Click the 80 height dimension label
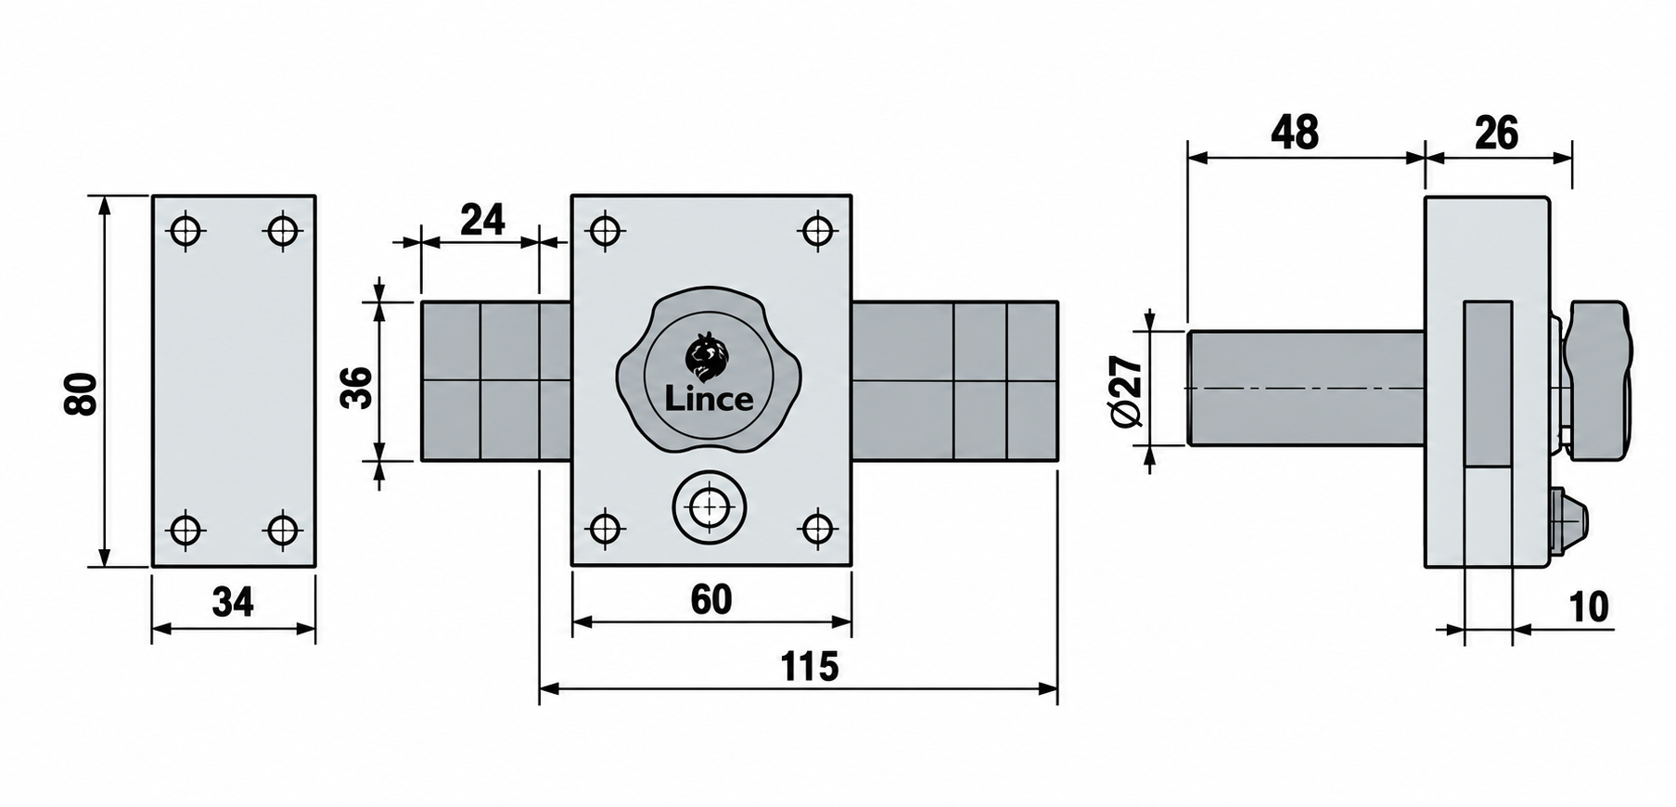point(82,393)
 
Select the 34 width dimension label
point(232,603)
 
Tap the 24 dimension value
point(482,220)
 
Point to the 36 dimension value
point(357,387)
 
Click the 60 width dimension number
point(711,600)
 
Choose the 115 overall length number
point(810,667)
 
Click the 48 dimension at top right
point(1295,134)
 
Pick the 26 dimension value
point(1496,134)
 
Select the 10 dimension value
point(1589,607)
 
